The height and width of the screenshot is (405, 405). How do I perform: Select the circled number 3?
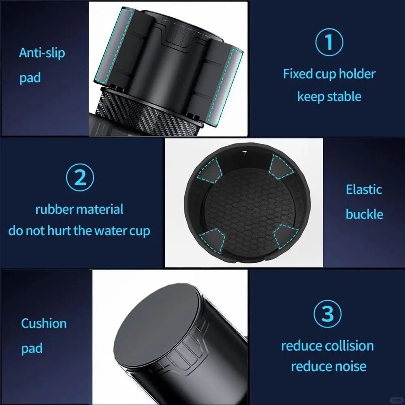327,313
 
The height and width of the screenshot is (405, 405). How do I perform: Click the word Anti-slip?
42,53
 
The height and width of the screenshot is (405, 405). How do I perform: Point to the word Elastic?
364,189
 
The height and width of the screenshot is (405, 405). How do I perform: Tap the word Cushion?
44,323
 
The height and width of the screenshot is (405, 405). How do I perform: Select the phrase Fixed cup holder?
329,74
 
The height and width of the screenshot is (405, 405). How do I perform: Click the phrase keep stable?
329,96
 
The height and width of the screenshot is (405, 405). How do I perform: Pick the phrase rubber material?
79,209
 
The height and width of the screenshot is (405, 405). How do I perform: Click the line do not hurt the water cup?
79,231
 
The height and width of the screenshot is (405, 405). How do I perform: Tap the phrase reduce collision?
327,345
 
